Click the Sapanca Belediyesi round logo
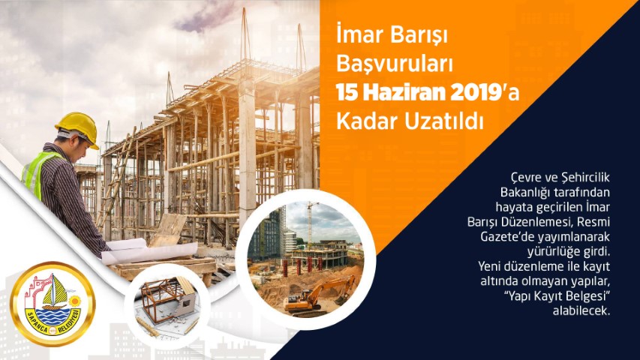tap(53, 304)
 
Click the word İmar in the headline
tap(357, 35)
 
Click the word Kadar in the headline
tap(368, 121)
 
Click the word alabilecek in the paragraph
tap(581, 310)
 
